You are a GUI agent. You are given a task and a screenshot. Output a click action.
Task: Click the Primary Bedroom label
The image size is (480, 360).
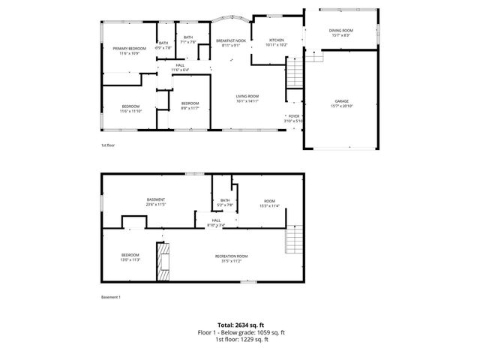coord(124,50)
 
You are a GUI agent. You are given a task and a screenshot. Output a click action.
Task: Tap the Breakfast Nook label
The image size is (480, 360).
coord(230,42)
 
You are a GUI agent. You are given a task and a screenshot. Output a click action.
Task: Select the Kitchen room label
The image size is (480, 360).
coord(277,42)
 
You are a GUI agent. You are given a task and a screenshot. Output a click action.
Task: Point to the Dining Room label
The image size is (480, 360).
coord(341,32)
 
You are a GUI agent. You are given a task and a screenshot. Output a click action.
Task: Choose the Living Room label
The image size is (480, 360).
coord(247,98)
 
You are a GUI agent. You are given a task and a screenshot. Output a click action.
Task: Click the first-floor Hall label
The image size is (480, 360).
coord(180,67)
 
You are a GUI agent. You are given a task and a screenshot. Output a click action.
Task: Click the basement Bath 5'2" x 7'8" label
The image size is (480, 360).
coord(224,202)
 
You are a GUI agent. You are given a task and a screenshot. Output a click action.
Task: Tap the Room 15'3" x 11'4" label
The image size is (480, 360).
coord(268,203)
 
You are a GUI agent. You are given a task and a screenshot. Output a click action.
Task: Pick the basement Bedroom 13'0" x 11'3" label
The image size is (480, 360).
coord(130,258)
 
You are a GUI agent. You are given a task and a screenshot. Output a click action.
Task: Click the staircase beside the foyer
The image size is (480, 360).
coord(295,75)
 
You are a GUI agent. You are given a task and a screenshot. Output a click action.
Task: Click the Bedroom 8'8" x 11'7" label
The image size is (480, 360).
coord(189,106)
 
